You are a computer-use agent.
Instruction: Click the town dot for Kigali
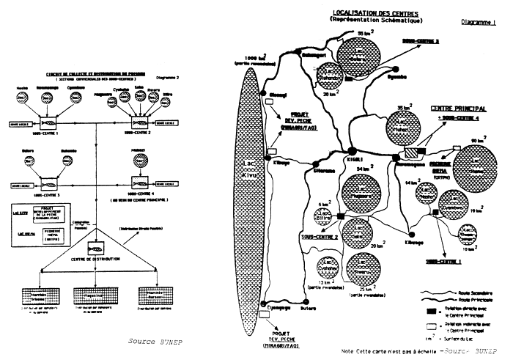[x=353, y=150]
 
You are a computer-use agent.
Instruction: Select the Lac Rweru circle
[x=364, y=268]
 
